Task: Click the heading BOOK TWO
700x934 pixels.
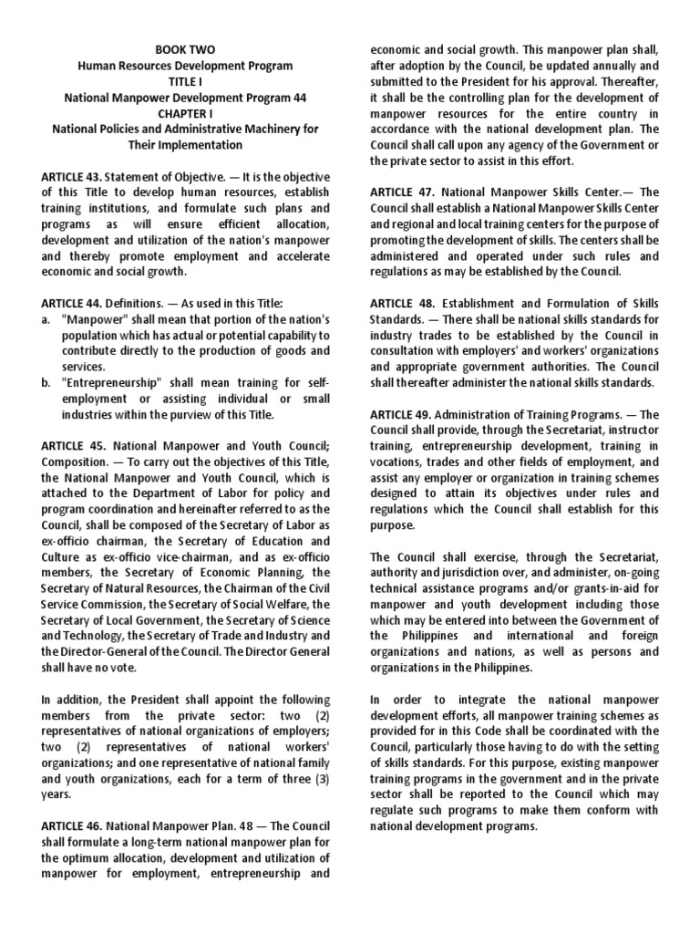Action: tap(185, 50)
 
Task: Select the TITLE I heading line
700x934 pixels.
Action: tap(185, 81)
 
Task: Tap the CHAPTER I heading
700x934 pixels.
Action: tap(185, 113)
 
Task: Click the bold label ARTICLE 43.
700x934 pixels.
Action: tap(75, 176)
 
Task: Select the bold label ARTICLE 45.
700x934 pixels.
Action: tap(75, 446)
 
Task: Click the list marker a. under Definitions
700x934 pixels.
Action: tap(46, 319)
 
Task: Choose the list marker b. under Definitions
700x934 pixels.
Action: tap(46, 382)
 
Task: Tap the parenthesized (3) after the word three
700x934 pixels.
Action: tap(318, 779)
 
